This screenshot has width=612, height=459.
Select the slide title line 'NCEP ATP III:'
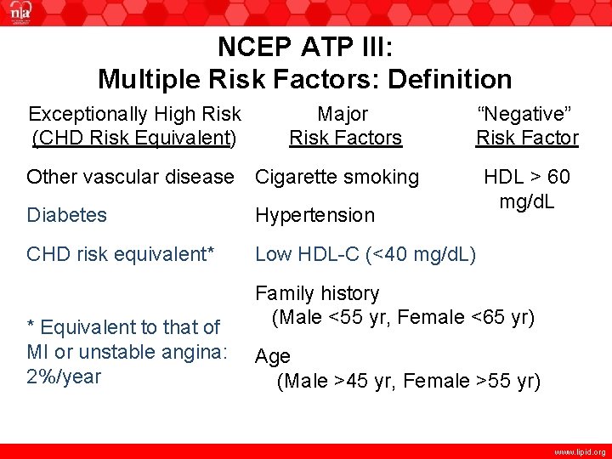point(304,46)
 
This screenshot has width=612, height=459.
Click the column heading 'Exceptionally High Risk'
point(134,114)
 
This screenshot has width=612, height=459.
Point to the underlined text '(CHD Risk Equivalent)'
point(134,138)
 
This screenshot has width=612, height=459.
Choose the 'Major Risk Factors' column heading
point(345,126)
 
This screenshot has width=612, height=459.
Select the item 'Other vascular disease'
point(129,177)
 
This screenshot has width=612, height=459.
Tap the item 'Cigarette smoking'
point(337,177)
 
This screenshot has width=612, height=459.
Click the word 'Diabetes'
point(66,215)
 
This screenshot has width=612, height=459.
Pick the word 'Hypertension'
point(314,215)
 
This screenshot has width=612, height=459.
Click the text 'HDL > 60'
point(526,178)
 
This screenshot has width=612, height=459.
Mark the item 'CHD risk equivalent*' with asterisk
point(120,253)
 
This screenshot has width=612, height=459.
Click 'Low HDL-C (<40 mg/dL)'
point(365,253)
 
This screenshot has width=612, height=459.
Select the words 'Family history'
point(317,293)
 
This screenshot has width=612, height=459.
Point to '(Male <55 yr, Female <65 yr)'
point(403,318)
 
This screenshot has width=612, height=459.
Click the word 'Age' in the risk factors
point(273,356)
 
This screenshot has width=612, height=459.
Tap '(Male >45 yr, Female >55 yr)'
point(408,381)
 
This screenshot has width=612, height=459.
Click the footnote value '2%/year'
point(64,377)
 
